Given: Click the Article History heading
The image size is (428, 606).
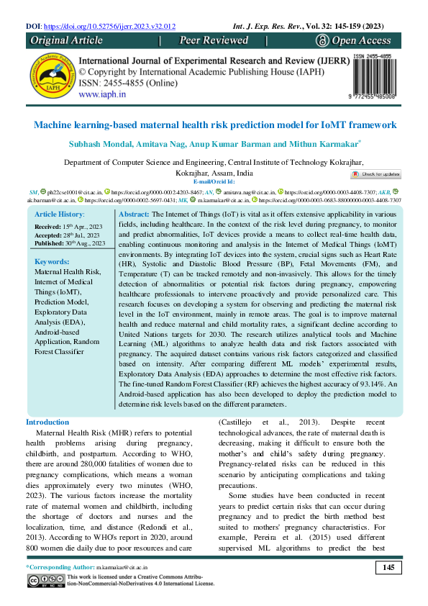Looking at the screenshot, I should [60, 215].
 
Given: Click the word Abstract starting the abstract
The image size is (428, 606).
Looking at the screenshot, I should [133, 215].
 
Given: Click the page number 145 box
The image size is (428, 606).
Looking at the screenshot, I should [388, 569].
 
